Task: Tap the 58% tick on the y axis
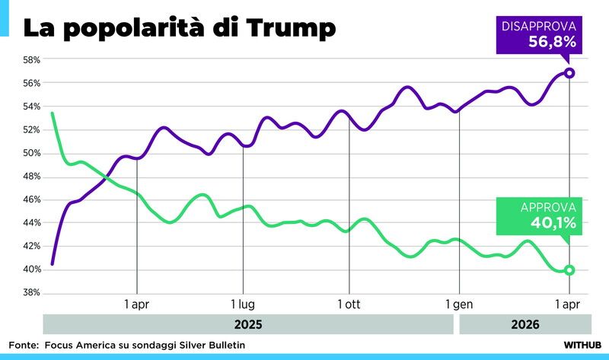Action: click(x=30, y=59)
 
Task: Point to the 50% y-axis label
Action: click(x=30, y=153)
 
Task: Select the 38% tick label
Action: click(x=30, y=293)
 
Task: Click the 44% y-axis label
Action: click(x=30, y=223)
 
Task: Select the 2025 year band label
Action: click(x=248, y=324)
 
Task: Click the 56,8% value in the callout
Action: click(x=552, y=43)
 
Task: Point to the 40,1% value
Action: click(x=553, y=223)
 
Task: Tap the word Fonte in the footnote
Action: click(x=24, y=345)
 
